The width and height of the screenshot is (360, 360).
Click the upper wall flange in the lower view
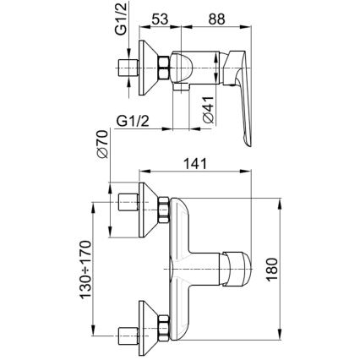point(146,205)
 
